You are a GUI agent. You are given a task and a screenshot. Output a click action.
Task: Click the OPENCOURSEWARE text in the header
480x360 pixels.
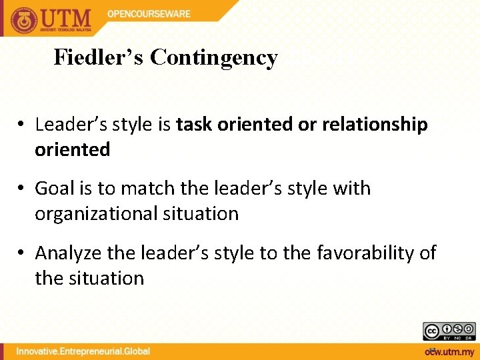(149, 14)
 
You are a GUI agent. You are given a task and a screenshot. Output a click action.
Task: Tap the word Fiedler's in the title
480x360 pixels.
(99, 58)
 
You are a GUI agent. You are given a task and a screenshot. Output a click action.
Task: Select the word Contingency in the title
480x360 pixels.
(214, 58)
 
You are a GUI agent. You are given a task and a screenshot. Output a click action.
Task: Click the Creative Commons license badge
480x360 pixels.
(449, 331)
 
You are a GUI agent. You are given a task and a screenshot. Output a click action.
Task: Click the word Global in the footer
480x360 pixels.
(137, 351)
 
